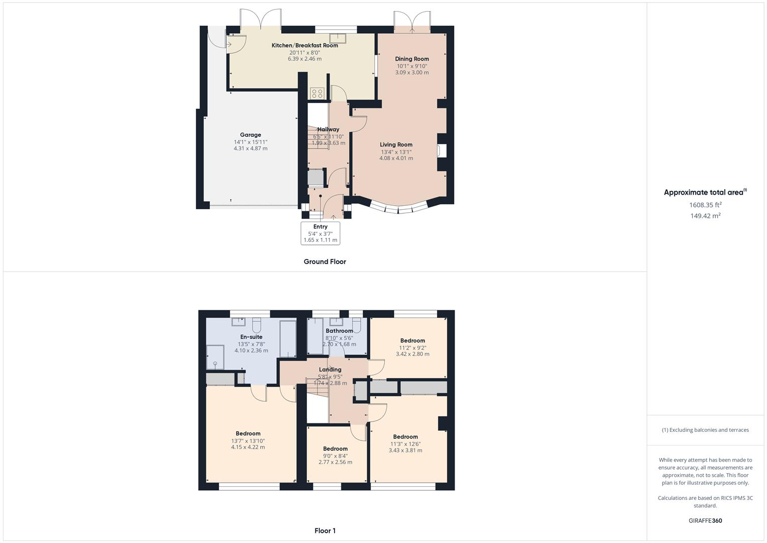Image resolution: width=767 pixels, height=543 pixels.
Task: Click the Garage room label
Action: click(x=250, y=135)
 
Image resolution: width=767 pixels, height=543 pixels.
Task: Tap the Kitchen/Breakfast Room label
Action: click(x=304, y=45)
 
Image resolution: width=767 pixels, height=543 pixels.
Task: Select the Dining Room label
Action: click(x=412, y=59)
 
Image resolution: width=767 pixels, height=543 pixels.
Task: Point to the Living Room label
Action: click(x=396, y=144)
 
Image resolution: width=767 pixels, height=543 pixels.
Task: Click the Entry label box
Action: click(x=320, y=233)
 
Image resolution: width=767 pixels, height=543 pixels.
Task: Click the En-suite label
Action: click(x=251, y=337)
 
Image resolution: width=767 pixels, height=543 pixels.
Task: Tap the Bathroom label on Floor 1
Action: click(x=339, y=331)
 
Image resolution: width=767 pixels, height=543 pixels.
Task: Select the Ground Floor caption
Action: click(x=324, y=261)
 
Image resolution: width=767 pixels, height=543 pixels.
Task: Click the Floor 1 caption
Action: click(x=324, y=530)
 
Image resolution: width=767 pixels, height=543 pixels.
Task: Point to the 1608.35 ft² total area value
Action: click(x=705, y=205)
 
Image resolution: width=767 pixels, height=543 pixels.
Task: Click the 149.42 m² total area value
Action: click(x=705, y=216)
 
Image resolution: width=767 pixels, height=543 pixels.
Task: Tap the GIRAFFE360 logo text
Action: click(x=705, y=520)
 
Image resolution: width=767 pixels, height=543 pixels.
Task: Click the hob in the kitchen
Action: click(x=317, y=93)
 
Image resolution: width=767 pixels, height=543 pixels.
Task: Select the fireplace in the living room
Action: click(x=442, y=151)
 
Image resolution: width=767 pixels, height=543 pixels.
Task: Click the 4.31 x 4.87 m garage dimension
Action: click(x=250, y=148)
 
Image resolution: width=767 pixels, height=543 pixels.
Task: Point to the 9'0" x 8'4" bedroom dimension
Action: click(x=335, y=456)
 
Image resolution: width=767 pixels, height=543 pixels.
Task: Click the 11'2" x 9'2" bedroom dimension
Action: click(x=412, y=347)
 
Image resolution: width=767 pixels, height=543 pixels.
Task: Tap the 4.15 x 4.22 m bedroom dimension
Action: click(x=248, y=447)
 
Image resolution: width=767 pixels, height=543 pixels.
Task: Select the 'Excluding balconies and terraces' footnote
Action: click(x=705, y=430)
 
